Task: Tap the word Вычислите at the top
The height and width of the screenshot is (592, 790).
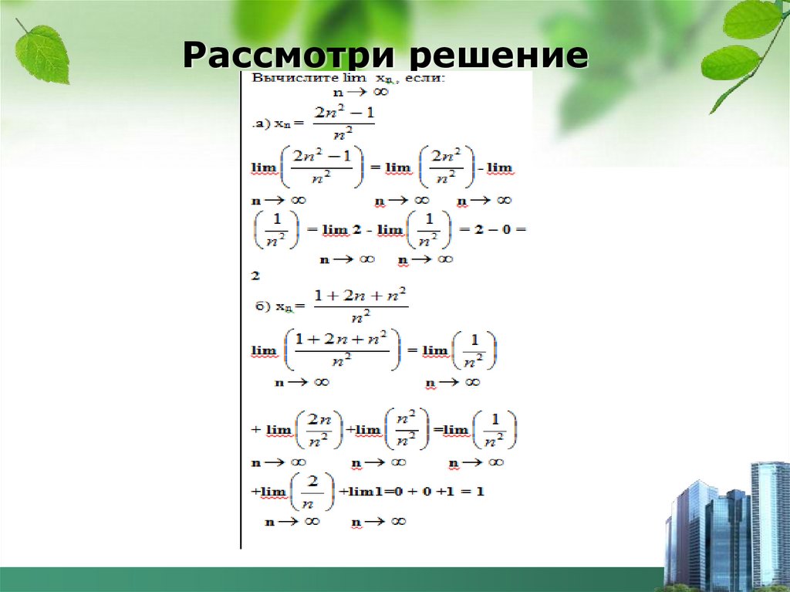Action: click(284, 78)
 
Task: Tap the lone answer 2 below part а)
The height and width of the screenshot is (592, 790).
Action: click(255, 275)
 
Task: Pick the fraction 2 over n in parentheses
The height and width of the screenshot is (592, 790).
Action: click(312, 490)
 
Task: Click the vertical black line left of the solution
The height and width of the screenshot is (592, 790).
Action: click(241, 309)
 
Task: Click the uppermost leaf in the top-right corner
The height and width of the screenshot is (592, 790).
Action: click(751, 20)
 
